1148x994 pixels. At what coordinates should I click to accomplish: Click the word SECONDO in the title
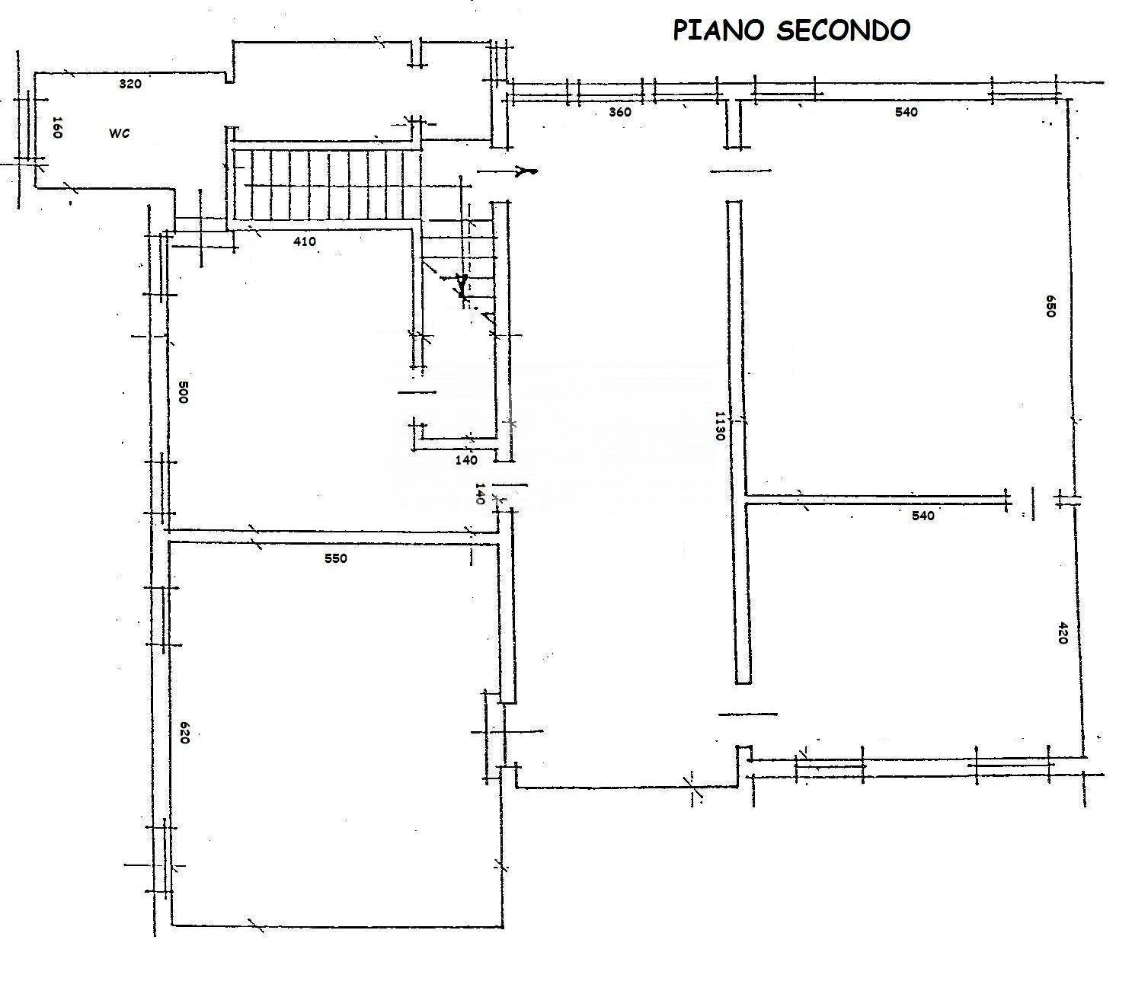[x=843, y=30]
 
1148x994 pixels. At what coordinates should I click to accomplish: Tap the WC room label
[x=119, y=133]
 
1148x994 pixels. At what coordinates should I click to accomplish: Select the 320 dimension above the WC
[x=130, y=84]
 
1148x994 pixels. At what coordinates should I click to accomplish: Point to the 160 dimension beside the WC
[x=56, y=127]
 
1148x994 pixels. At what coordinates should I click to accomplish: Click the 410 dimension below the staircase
[x=304, y=241]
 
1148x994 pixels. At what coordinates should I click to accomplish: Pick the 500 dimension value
[x=182, y=392]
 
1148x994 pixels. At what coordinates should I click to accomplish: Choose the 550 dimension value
[x=335, y=558]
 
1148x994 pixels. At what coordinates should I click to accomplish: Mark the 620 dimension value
[x=184, y=732]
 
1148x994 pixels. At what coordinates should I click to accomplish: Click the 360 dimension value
[x=620, y=112]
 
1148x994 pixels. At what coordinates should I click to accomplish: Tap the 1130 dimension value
[x=718, y=430]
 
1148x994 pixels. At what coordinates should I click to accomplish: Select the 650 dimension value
[x=1050, y=305]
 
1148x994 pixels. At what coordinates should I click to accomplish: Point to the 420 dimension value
[x=1063, y=633]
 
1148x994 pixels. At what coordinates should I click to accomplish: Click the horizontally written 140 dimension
[x=466, y=460]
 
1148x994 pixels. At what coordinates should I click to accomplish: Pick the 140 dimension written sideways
[x=480, y=494]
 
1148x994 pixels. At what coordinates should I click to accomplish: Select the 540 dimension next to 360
[x=907, y=112]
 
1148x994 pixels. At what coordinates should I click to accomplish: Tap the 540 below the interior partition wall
[x=923, y=516]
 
